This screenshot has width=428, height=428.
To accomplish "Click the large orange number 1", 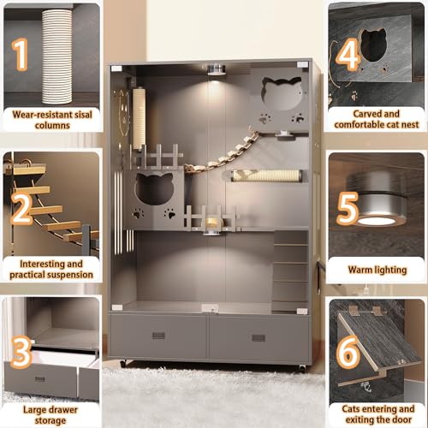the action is (21, 54).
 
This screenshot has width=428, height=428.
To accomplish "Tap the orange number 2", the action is (21, 209).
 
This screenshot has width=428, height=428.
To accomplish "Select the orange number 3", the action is (21, 352).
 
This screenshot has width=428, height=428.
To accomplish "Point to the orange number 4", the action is (348, 54).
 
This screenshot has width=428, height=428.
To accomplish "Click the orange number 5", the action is (348, 208).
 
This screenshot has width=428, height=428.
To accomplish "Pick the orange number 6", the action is (348, 352).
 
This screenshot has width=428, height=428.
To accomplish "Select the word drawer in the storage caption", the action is (62, 410).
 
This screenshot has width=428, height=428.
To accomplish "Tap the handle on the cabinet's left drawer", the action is (158, 336).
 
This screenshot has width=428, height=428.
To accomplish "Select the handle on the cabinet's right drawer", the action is (259, 338).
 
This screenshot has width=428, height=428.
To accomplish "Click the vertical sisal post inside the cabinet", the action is (140, 118).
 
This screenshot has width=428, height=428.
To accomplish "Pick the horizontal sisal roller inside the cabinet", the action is (267, 175).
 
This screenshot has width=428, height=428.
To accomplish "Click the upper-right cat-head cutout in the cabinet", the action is (282, 93).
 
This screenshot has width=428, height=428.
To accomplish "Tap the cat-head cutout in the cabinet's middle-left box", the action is (154, 188).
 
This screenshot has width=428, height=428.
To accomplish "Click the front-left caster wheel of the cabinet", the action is (123, 364).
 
